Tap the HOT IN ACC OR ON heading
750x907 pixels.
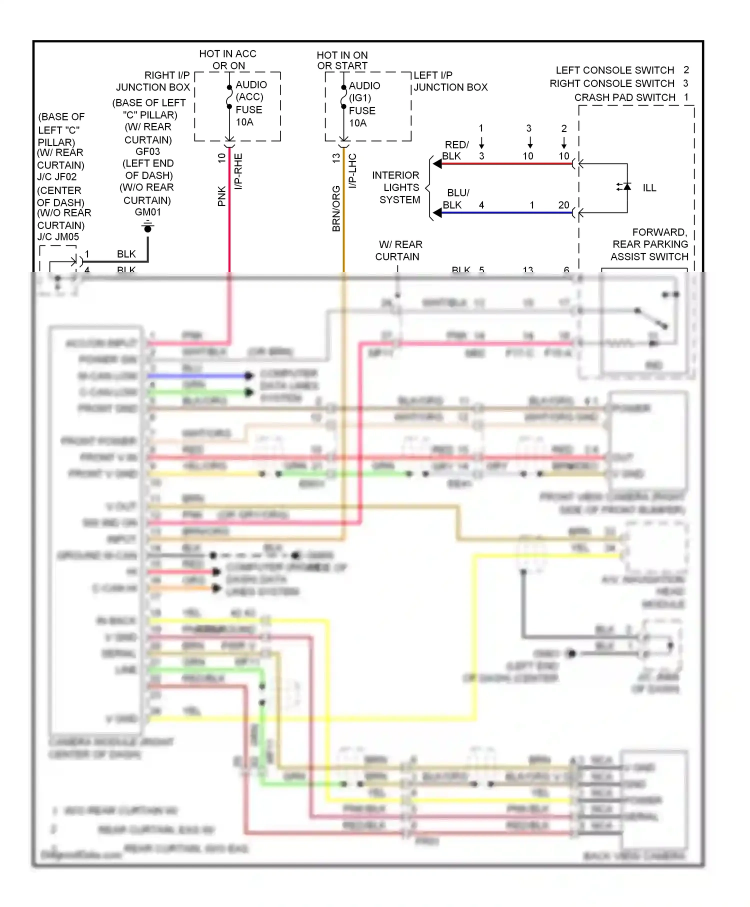coord(228,59)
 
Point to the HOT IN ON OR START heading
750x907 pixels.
coord(342,60)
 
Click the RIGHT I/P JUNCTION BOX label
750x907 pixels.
coord(153,81)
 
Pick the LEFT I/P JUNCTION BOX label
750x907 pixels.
coord(449,81)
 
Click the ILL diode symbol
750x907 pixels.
coord(626,186)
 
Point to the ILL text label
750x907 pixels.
coord(649,188)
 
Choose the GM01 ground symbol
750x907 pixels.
coord(147,227)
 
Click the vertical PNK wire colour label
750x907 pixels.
coord(221,196)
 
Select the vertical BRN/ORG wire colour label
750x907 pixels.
coord(336,208)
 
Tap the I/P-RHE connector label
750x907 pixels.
coord(238,171)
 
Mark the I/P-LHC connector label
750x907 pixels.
coord(352,171)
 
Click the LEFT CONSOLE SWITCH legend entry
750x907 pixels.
coord(615,70)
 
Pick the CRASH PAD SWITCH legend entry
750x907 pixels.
coord(624,97)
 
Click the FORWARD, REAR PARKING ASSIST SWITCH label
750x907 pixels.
coord(649,244)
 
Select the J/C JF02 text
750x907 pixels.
coord(57,177)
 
